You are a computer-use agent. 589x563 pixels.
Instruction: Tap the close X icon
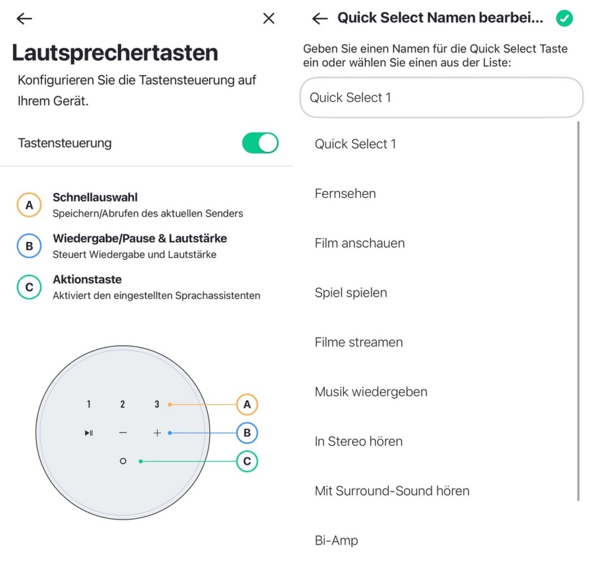pos(269,18)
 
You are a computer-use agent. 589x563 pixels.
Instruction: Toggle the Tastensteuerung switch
pos(260,143)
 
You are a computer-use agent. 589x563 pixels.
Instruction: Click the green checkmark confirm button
pos(564,18)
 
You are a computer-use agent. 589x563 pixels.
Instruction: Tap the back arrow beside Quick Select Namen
pos(320,18)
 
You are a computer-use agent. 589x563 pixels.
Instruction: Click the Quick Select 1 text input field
pos(441,98)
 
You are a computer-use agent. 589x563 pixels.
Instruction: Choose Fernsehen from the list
pos(345,193)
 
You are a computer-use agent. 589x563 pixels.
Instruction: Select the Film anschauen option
pos(359,243)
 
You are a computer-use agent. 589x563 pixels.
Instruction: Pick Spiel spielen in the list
pos(351,293)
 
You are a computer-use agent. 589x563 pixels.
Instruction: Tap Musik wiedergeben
pos(371,392)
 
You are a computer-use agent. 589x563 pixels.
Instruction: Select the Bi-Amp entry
pos(336,541)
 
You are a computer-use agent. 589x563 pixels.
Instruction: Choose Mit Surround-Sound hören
pos(392,491)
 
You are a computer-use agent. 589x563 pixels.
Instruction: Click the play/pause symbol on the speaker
pos(89,433)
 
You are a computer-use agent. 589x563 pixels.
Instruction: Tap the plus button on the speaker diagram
pos(157,433)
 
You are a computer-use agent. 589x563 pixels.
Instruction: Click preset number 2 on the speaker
pos(123,404)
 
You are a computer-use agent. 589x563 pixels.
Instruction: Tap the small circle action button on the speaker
pos(123,461)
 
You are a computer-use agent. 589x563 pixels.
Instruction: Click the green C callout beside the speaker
pos(247,461)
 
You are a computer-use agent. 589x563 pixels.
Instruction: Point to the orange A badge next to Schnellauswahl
pos(29,205)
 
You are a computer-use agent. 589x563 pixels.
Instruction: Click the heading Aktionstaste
pos(87,279)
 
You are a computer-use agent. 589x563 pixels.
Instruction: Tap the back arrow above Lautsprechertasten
pos(24,18)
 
